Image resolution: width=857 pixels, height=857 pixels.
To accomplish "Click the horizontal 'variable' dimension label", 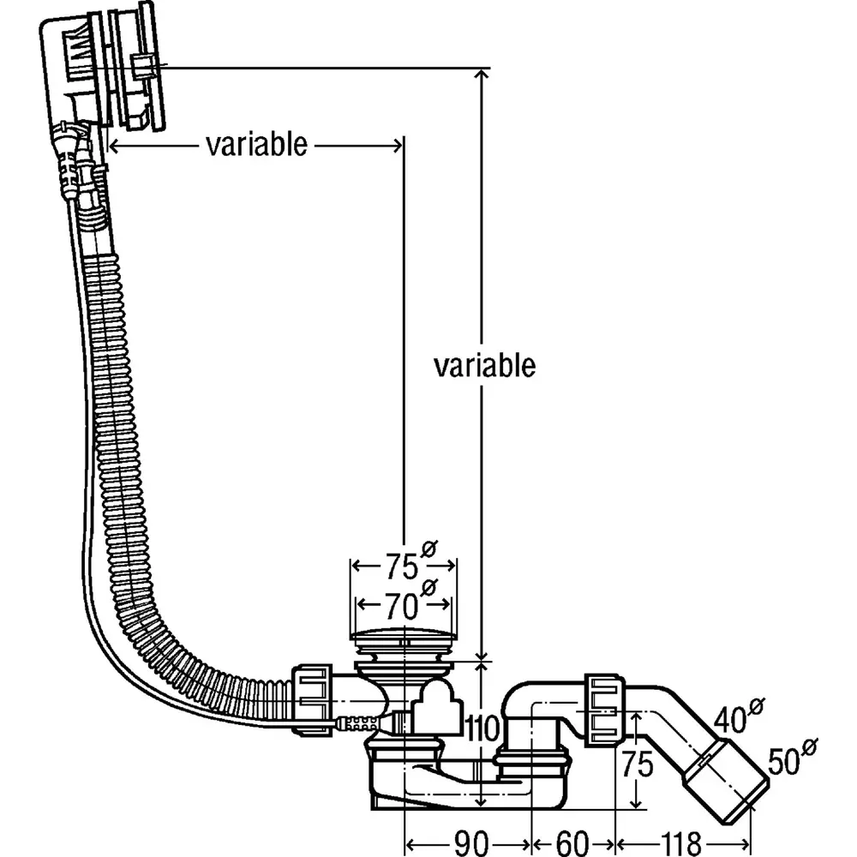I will coord(255,145).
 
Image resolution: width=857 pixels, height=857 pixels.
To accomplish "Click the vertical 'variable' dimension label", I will coord(484,366).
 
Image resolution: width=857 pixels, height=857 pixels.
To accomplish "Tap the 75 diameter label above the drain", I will coord(399,566).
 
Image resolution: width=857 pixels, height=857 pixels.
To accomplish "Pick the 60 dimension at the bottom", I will coord(573,843).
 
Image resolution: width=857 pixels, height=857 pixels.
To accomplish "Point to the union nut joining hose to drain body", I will coord(315,698).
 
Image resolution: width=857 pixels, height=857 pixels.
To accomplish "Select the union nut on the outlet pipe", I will coord(604,710).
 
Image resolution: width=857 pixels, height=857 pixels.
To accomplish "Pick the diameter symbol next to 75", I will coord(428,548).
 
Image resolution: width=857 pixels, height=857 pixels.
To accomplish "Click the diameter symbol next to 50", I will coord(807,748).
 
